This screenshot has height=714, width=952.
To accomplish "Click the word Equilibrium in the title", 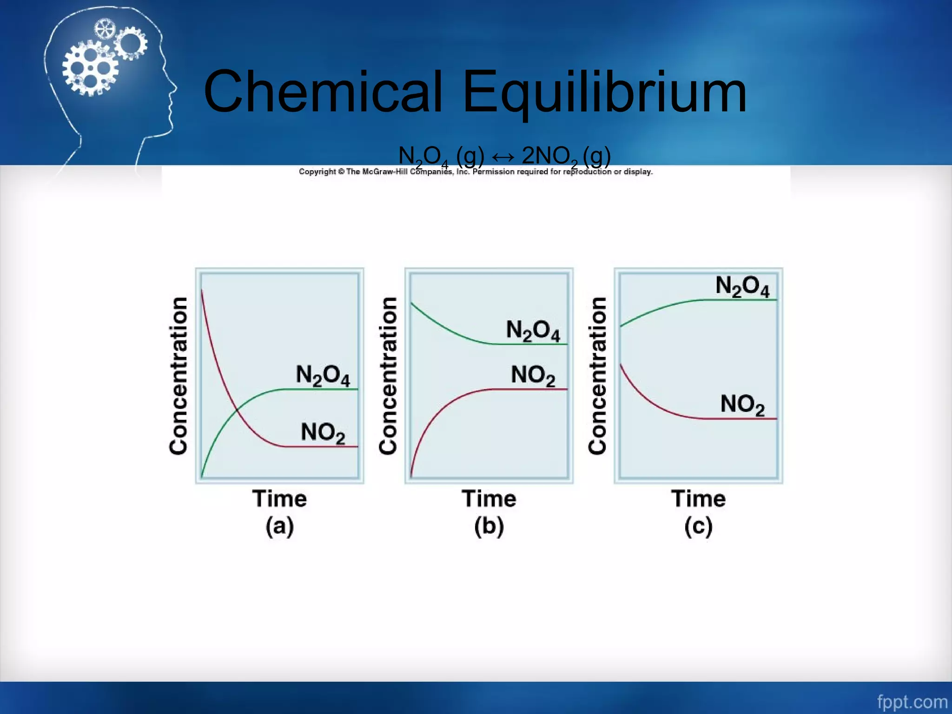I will pyautogui.click(x=604, y=92).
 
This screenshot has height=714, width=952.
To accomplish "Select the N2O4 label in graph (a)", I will pyautogui.click(x=323, y=376).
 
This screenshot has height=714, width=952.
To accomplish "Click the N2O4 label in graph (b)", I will pyautogui.click(x=533, y=331).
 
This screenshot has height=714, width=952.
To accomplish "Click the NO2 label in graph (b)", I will pyautogui.click(x=533, y=376).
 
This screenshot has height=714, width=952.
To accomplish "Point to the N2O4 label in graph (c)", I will pyautogui.click(x=742, y=286).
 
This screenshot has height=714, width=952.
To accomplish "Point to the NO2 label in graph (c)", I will pyautogui.click(x=742, y=404).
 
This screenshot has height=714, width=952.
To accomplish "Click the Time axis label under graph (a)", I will pyautogui.click(x=279, y=499).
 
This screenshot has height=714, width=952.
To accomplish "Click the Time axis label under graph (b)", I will pyautogui.click(x=489, y=499).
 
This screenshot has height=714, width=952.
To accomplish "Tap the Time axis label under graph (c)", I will pyautogui.click(x=698, y=499).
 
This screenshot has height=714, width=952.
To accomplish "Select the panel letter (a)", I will pyautogui.click(x=279, y=527).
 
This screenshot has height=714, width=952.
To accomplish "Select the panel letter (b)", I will pyautogui.click(x=489, y=527).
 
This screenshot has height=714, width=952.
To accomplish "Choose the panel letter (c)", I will pyautogui.click(x=698, y=527).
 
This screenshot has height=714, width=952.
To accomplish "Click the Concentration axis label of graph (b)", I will pyautogui.click(x=388, y=376).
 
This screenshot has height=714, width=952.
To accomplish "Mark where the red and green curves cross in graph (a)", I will pyautogui.click(x=237, y=409).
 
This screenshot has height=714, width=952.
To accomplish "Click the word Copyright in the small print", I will pyautogui.click(x=317, y=172).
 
